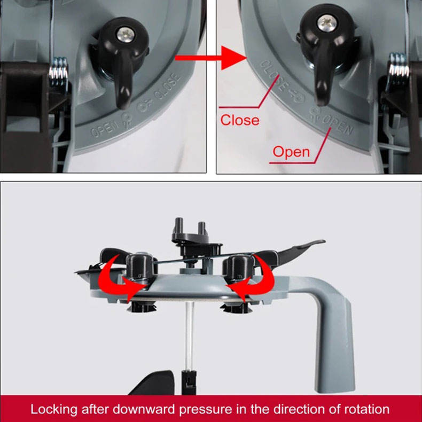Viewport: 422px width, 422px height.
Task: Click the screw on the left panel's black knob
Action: point(126,35)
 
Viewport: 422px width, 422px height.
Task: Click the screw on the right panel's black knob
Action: point(327,23)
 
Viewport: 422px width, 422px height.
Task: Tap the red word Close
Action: point(240,120)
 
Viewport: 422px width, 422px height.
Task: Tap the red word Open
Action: point(291,152)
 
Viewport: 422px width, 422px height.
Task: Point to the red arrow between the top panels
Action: point(210,58)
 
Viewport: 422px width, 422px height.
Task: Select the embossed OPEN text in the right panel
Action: point(338,126)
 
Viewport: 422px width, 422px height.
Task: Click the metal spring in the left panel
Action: point(58,72)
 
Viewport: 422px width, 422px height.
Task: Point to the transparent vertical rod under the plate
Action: point(190,336)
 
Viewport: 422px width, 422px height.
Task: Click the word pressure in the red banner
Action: point(205,410)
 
